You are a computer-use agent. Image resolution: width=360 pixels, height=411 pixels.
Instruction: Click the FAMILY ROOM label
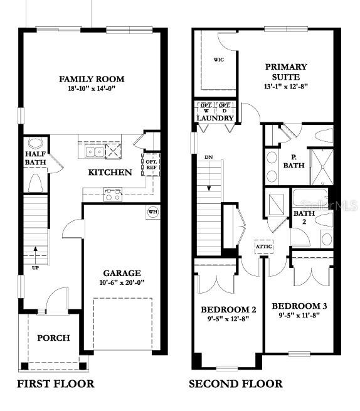click(x=92, y=79)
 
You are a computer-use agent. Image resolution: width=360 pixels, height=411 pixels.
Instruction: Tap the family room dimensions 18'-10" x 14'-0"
click(x=92, y=89)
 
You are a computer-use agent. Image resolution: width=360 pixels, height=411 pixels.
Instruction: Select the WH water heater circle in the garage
click(x=152, y=211)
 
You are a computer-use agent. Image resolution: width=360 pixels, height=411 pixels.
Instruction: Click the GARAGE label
click(x=122, y=273)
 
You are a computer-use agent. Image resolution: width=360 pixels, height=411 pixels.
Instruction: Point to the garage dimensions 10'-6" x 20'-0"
click(x=122, y=283)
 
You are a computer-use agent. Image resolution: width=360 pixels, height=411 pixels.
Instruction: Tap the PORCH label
click(x=53, y=338)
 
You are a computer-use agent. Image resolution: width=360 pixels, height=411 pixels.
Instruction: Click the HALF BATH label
click(x=35, y=159)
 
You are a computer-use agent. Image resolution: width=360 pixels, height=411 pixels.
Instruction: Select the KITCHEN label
click(x=110, y=173)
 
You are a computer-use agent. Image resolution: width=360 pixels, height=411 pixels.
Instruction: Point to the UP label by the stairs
click(x=36, y=268)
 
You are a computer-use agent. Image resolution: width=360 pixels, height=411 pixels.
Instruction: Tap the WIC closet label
click(x=219, y=60)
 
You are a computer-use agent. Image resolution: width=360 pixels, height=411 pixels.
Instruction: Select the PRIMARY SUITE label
click(x=286, y=71)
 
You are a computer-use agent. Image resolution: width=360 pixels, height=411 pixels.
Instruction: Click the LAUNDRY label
click(x=215, y=118)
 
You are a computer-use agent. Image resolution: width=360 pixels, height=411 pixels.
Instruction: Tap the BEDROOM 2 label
click(x=228, y=310)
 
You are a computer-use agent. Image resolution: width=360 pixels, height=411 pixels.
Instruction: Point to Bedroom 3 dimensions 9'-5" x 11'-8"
click(x=299, y=316)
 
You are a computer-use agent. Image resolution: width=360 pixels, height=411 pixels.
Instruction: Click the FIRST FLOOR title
click(x=55, y=383)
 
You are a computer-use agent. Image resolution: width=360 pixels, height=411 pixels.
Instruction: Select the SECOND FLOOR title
click(x=236, y=383)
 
